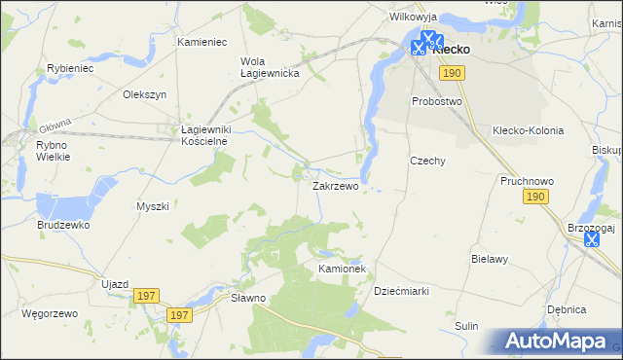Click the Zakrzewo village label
coord(336,185)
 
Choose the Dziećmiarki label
coord(402,291)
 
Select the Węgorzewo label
coord(49,314)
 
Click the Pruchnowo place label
coord(527,181)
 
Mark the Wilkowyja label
coord(414,18)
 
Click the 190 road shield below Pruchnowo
coord(534,198)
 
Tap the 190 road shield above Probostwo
coord(451,73)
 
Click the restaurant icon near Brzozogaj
coord(591,238)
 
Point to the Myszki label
coord(153,206)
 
